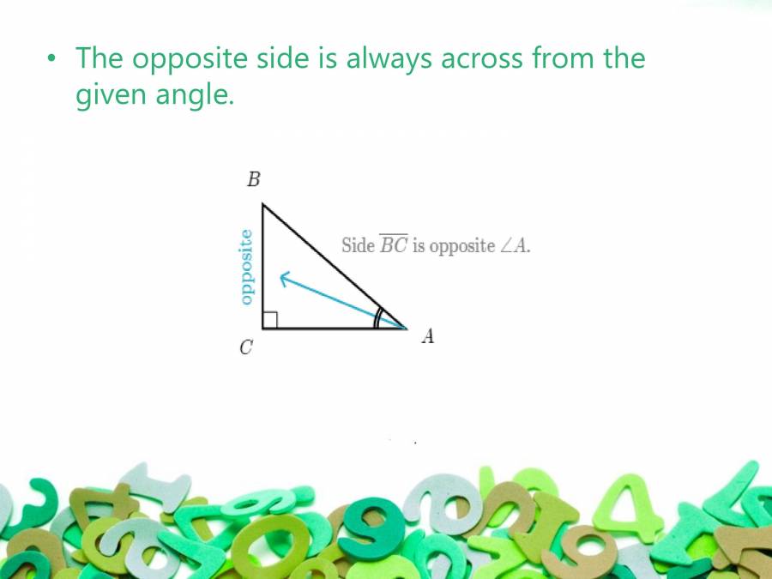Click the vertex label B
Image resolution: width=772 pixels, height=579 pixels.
click(x=253, y=180)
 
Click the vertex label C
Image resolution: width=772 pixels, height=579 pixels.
click(x=246, y=348)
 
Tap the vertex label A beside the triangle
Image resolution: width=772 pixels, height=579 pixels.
click(x=427, y=336)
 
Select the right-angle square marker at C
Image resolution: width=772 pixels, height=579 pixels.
click(x=269, y=320)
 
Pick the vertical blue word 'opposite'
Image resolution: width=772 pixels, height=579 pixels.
click(x=246, y=267)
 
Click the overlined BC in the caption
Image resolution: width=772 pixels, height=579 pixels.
click(x=394, y=245)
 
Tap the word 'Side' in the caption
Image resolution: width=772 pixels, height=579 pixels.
click(x=358, y=245)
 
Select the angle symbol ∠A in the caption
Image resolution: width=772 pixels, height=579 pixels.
click(x=515, y=245)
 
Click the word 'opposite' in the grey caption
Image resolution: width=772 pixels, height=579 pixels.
click(x=462, y=245)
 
